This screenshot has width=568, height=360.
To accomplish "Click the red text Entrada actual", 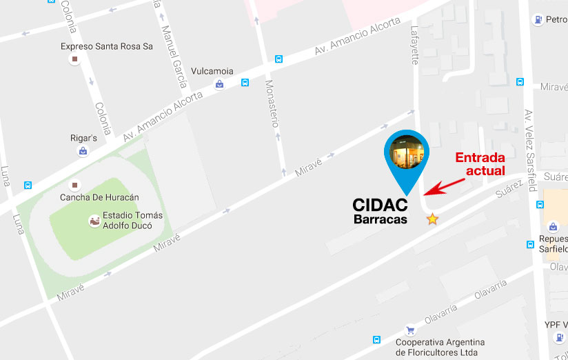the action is pyautogui.click(x=480, y=163).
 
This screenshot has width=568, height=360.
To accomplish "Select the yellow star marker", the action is pyautogui.click(x=432, y=219).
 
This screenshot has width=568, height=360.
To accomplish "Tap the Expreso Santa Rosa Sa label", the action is pyautogui.click(x=107, y=46).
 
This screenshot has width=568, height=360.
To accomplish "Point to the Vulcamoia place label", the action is pyautogui.click(x=212, y=71).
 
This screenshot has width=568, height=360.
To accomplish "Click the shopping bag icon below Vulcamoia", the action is pyautogui.click(x=219, y=84).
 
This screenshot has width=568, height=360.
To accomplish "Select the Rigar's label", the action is pyautogui.click(x=83, y=137).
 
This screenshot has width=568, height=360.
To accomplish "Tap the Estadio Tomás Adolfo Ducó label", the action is pyautogui.click(x=132, y=220).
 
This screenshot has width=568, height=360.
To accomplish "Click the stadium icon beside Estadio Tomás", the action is pyautogui.click(x=93, y=221).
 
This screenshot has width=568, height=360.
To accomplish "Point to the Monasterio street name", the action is pyautogui.click(x=272, y=103).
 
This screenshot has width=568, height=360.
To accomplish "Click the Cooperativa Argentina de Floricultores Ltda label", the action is pyautogui.click(x=440, y=347).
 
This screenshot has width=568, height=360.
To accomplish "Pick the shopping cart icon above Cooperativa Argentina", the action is pyautogui.click(x=411, y=330).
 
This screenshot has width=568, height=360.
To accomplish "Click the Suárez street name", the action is pyautogui.click(x=509, y=188).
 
